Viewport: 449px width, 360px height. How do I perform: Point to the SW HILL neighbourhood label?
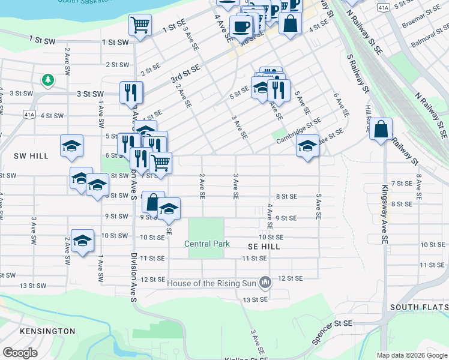(31, 156)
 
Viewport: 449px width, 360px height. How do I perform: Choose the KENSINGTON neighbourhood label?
(47, 331)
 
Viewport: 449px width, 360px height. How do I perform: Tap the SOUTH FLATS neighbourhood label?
(418, 307)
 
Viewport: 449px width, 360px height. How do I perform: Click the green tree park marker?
(47, 79)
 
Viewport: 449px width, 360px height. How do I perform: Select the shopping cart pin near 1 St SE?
(140, 25)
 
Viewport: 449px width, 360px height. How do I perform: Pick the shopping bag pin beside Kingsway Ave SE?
(381, 129)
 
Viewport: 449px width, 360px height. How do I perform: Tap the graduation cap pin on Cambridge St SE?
(307, 146)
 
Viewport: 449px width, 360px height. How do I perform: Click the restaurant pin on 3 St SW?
(131, 92)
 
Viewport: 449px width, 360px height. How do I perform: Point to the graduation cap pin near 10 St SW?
(82, 241)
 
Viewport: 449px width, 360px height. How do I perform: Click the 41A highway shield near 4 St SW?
(29, 113)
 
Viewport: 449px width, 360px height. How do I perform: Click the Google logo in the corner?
(20, 353)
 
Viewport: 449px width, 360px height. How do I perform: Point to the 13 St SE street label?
(254, 299)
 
